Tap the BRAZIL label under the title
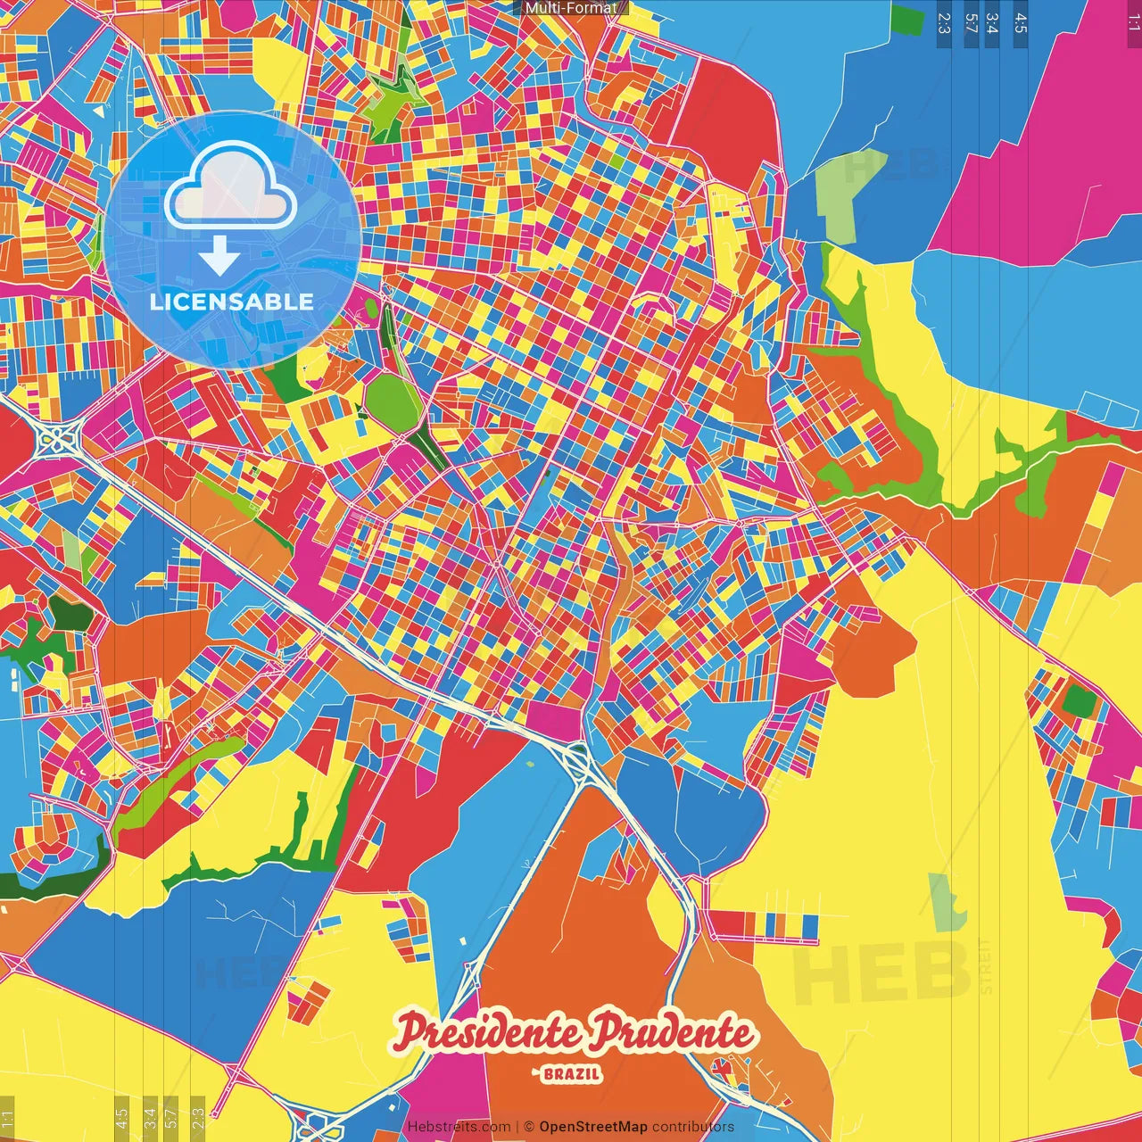pyautogui.click(x=571, y=1074)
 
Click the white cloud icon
pyautogui.click(x=231, y=186)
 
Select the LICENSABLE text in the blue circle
pyautogui.click(x=232, y=302)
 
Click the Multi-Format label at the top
pyautogui.click(x=571, y=8)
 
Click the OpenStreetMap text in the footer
pyautogui.click(x=592, y=1127)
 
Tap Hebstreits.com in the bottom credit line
pyautogui.click(x=459, y=1127)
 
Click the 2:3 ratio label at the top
pyautogui.click(x=943, y=23)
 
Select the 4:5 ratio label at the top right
pyautogui.click(x=1021, y=23)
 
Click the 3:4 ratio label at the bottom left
pyautogui.click(x=150, y=1117)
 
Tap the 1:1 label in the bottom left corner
pyautogui.click(x=7, y=1117)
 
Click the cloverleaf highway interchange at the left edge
pyautogui.click(x=56, y=438)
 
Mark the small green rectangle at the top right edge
pyautogui.click(x=907, y=20)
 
